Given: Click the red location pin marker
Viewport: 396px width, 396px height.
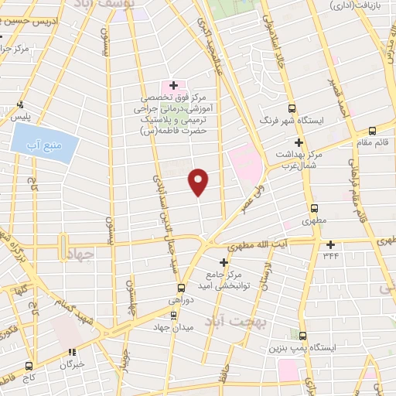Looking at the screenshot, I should coord(199,181).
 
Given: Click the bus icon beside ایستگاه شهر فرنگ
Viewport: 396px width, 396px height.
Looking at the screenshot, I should coord(292,109).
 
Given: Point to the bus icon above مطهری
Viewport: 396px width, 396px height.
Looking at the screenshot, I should coord(314,208).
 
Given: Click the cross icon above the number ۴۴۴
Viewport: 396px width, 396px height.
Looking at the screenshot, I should coord(330,244).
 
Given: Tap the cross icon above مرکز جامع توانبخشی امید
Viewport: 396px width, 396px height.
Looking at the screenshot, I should coord(224,263).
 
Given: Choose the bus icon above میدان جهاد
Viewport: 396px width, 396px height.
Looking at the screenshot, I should coord(174,315).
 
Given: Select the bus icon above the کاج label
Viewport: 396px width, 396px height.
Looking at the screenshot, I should coord(29,365).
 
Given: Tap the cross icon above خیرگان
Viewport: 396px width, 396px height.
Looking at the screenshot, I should coord(75,352).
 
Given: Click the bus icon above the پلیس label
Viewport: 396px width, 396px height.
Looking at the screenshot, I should coord(20,105).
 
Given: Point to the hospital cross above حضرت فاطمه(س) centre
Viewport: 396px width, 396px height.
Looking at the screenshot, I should coord(173,85).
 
